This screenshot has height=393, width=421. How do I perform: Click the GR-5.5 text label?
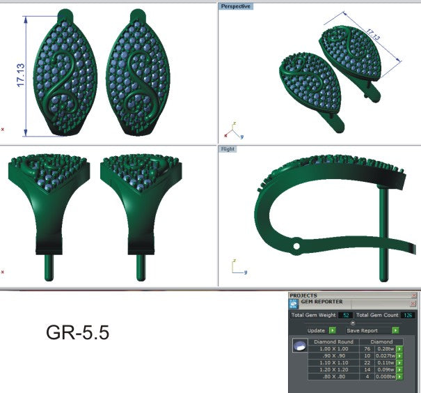click(77, 332)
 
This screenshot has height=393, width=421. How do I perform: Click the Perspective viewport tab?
click(236, 6)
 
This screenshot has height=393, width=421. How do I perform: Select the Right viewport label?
click(228, 149)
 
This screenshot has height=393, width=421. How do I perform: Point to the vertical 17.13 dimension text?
click(20, 76)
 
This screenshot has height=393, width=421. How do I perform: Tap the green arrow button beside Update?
click(332, 330)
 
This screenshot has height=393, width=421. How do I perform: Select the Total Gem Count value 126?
click(408, 316)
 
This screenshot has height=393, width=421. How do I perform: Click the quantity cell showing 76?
click(367, 349)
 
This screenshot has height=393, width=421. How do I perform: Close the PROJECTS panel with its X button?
click(414, 295)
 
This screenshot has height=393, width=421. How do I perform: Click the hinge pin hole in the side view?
click(296, 246)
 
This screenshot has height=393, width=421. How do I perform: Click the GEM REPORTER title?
click(316, 302)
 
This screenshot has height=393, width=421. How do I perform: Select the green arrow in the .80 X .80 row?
click(400, 376)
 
